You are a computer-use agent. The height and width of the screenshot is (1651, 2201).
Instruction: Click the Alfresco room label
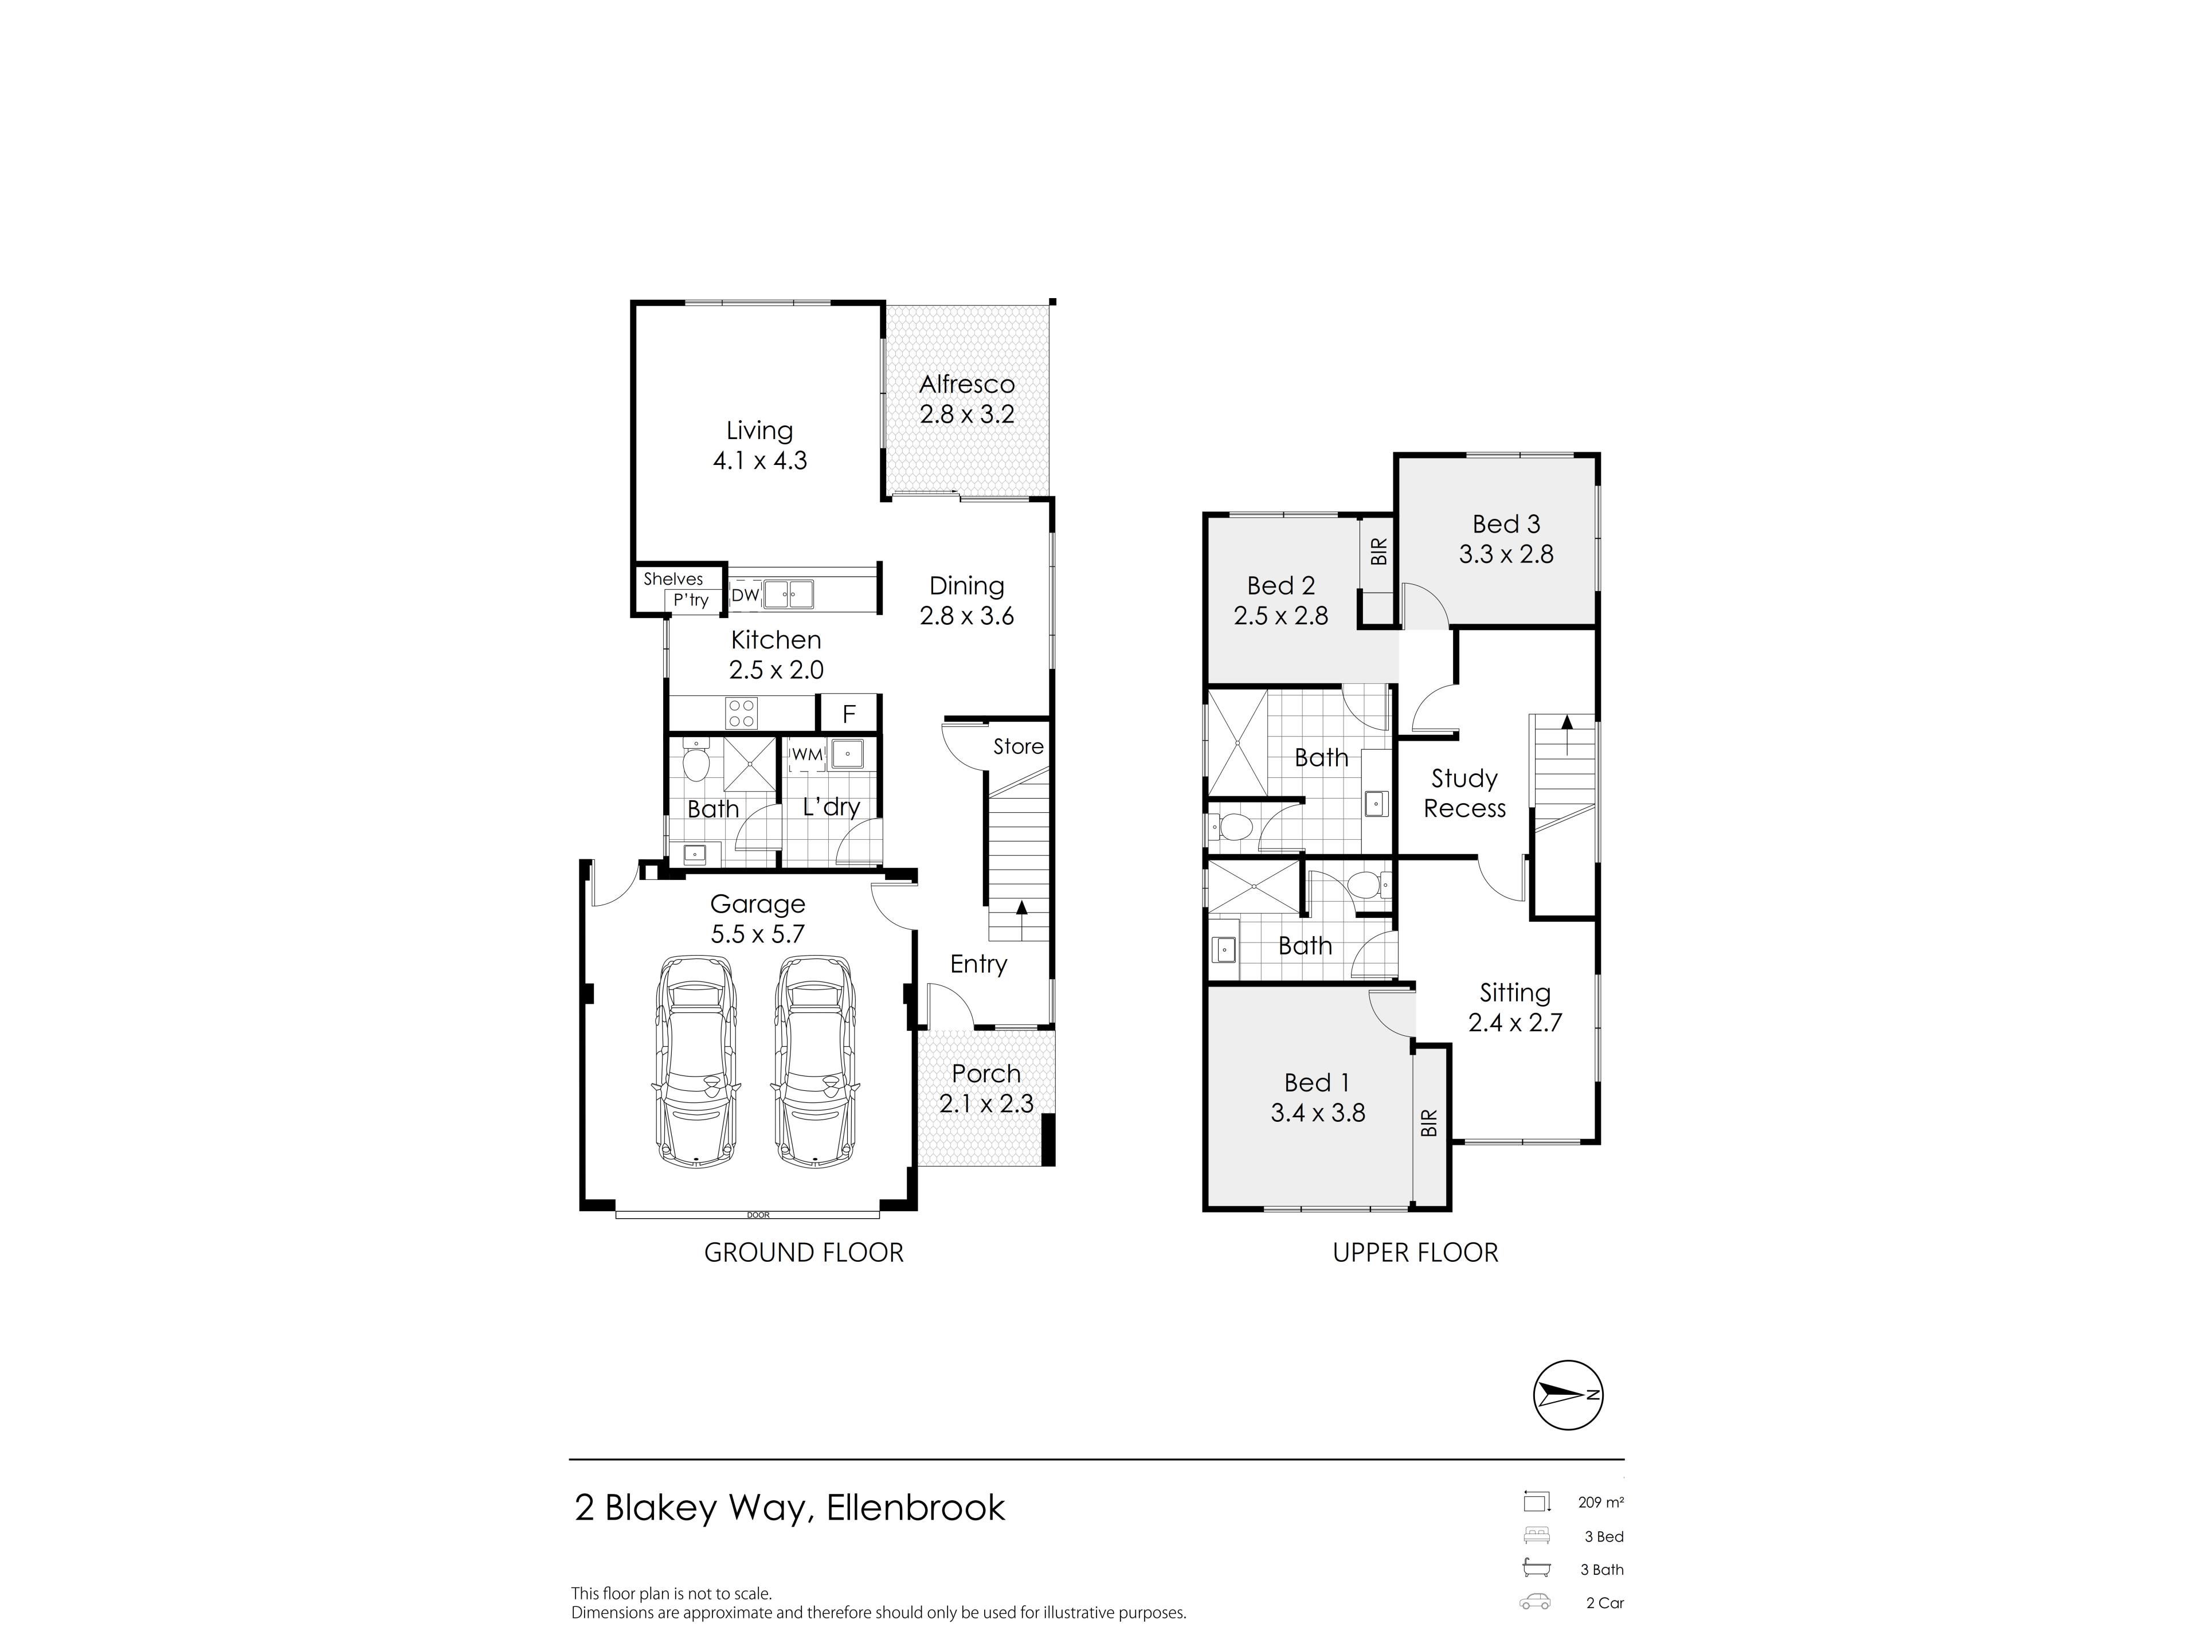point(966,384)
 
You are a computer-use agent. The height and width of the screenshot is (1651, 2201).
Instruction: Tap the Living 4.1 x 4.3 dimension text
point(760,461)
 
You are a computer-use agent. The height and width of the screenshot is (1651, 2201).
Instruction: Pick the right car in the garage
point(814,1062)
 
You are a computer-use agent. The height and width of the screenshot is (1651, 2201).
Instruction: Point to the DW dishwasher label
point(745,595)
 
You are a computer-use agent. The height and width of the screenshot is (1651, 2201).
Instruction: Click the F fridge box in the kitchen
point(849,714)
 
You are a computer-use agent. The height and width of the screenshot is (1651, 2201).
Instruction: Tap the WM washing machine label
point(807,754)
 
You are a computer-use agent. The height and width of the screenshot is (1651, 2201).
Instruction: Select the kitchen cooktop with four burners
point(741,713)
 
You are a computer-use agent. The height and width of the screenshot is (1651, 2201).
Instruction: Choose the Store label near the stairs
point(1018,746)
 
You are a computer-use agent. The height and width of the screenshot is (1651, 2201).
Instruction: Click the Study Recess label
point(1464,793)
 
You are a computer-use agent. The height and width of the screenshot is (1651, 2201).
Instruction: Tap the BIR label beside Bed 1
point(1430,1122)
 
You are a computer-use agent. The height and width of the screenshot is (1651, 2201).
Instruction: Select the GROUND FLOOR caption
point(804,1253)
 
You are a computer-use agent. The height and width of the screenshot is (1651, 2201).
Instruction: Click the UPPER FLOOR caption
point(1415,1253)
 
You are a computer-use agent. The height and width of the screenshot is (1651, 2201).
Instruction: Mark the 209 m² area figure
point(1600,1503)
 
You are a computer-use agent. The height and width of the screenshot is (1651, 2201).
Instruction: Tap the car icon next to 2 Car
point(1536,1602)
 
